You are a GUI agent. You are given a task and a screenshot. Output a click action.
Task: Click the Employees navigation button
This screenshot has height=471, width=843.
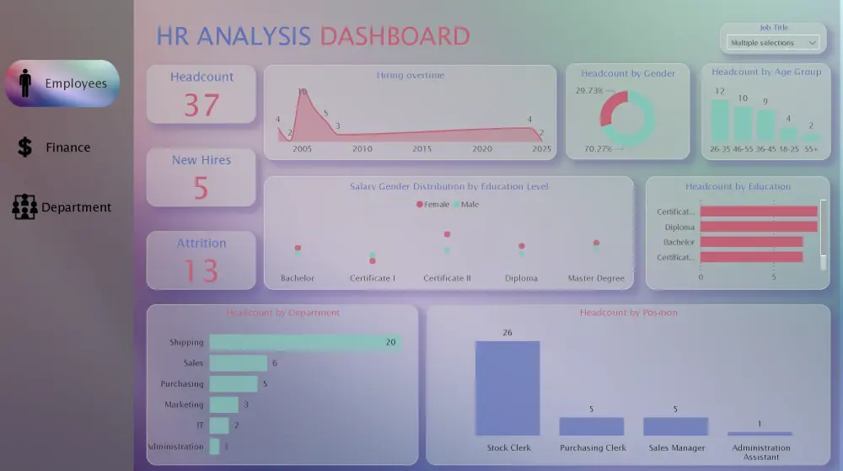pos(62,83)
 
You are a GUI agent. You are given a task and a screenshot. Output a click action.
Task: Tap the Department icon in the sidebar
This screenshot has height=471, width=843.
pos(24,206)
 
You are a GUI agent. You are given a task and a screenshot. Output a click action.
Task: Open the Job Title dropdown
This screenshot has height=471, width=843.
pos(773,42)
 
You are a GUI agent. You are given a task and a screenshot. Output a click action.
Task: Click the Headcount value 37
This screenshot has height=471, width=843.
pos(201,105)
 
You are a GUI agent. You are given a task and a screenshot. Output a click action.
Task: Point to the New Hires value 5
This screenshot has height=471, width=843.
pos(201,188)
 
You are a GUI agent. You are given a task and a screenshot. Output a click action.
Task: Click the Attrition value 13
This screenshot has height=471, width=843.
pos(201,270)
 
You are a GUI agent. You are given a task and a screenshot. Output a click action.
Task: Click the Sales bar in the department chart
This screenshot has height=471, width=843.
pos(238,363)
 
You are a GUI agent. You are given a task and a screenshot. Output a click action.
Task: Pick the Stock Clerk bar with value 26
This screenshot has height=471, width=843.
pos(507,388)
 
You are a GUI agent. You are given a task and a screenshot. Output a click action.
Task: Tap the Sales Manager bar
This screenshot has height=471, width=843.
pos(675,426)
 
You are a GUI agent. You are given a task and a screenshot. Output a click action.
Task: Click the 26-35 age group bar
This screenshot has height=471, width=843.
pos(720,120)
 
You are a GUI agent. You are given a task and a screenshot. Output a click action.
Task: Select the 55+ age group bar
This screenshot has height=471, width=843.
pos(810,137)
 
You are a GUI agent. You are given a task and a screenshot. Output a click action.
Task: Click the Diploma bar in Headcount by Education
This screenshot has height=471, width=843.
pos(758,227)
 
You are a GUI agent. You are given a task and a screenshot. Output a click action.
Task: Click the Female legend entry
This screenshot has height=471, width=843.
pos(432,204)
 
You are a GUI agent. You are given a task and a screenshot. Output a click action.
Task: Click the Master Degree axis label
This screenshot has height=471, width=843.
pos(596,278)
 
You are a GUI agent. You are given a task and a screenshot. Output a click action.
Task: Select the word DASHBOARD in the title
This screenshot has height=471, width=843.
pos(395,36)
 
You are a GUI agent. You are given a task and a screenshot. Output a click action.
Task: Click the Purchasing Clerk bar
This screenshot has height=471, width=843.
pos(592,426)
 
